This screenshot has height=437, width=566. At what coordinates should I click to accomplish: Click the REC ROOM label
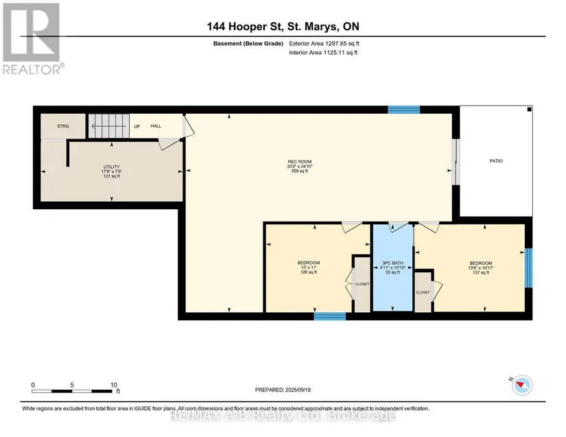click(x=300, y=162)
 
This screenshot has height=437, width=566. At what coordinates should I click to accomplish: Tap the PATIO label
click(x=496, y=161)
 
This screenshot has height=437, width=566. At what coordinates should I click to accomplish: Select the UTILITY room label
click(x=112, y=167)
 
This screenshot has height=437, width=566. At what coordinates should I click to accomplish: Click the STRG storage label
click(x=63, y=126)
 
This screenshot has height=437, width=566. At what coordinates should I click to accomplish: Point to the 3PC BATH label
click(x=392, y=263)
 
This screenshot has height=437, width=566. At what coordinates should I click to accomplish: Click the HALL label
click(x=156, y=126)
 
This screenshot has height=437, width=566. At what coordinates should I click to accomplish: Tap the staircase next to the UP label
click(x=109, y=126)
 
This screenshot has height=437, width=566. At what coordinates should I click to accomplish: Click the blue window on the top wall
click(x=403, y=109)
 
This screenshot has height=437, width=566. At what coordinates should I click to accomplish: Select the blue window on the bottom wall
click(x=329, y=316)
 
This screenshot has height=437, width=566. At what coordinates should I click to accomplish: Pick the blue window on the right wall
click(x=528, y=268)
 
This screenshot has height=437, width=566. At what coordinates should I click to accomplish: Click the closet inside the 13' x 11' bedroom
click(x=362, y=284)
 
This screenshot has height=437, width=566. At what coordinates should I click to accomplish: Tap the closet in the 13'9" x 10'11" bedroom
click(x=423, y=292)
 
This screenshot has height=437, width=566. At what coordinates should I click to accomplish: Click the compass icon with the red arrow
click(x=521, y=385)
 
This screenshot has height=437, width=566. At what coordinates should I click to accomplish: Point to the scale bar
click(x=72, y=391)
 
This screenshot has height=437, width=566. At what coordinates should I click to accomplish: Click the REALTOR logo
click(x=33, y=38)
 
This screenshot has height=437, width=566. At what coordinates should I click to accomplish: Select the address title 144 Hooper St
click(x=283, y=26)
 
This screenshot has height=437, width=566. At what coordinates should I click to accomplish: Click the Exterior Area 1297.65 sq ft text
click(x=324, y=43)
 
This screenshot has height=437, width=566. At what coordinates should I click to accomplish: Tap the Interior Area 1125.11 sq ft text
click(x=323, y=53)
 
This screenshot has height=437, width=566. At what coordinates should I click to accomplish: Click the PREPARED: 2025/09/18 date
click(x=283, y=390)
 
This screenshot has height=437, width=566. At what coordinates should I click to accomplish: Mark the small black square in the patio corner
click(x=529, y=109)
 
